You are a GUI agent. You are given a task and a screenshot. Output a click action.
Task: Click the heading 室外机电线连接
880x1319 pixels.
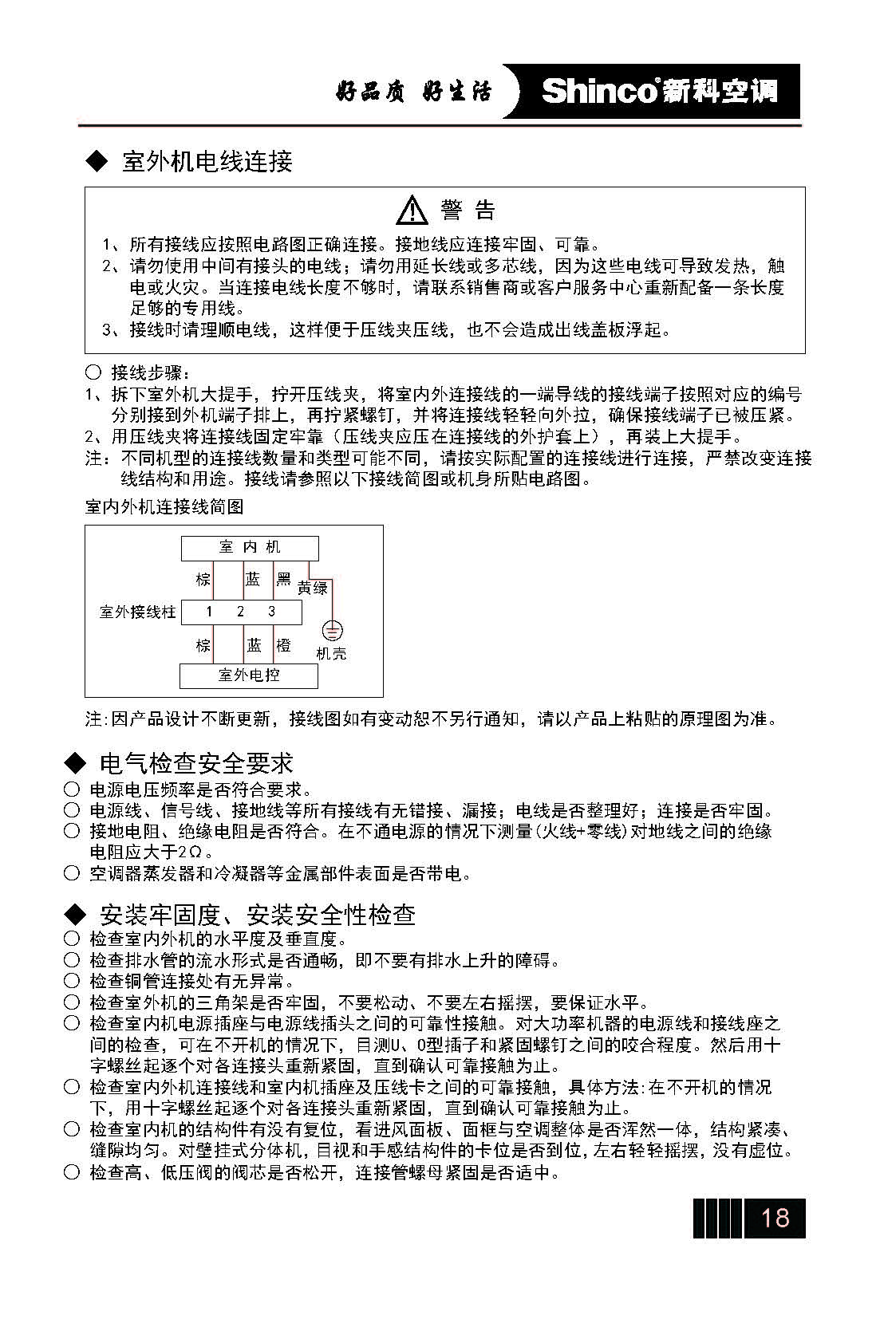tap(207, 162)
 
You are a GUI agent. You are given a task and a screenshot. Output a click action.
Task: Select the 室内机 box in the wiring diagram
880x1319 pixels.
tap(250, 548)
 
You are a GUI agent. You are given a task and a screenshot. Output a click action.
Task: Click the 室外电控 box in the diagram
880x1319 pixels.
tap(249, 675)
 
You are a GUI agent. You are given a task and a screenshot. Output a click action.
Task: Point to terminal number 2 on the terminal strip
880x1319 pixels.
tap(240, 612)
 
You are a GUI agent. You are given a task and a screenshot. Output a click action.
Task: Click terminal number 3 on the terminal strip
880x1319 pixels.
tap(271, 612)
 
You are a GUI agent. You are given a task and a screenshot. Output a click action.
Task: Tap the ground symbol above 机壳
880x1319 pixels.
tap(331, 631)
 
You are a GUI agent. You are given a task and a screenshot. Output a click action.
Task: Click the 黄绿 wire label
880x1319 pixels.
tap(313, 588)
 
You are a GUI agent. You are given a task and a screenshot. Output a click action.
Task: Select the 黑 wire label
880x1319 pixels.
tap(283, 579)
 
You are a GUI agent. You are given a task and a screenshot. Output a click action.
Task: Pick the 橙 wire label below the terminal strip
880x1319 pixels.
tap(283, 644)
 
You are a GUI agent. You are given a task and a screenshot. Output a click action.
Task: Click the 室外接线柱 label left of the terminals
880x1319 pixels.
tap(137, 612)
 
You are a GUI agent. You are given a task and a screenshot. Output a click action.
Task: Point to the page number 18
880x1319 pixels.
tap(775, 1218)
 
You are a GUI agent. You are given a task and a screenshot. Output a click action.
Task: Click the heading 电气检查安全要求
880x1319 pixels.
tap(196, 763)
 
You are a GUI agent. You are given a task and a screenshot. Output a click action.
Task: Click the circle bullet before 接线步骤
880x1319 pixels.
tap(93, 372)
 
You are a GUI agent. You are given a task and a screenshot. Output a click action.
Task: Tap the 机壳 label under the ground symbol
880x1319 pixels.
tap(331, 654)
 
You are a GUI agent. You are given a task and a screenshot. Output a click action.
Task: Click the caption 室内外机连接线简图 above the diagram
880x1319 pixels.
tap(164, 507)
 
